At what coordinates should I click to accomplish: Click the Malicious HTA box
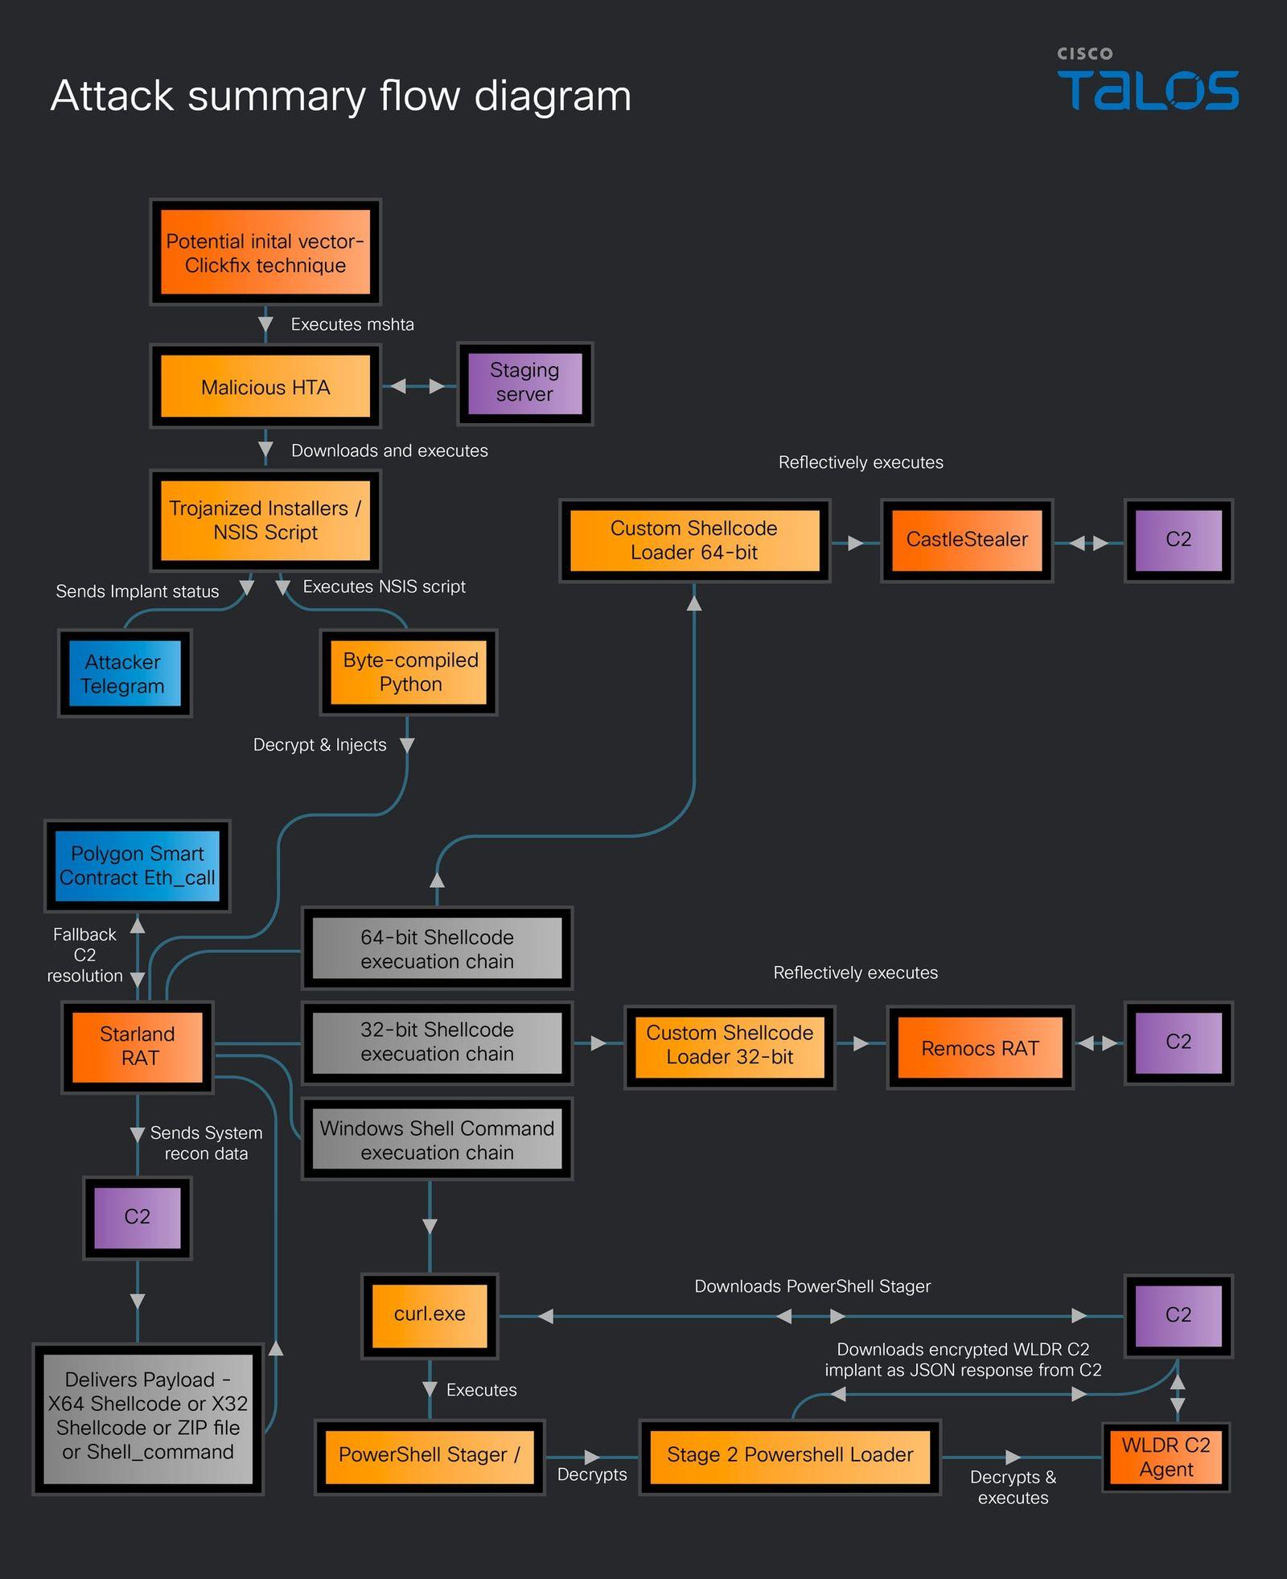tap(265, 387)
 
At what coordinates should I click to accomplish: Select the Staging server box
tap(524, 383)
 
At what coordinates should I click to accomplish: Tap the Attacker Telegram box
tap(125, 673)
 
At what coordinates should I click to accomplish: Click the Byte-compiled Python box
tap(409, 672)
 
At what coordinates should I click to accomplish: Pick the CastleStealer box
tap(967, 540)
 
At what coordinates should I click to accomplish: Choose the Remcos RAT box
tap(980, 1048)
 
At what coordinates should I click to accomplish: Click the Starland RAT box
tap(138, 1046)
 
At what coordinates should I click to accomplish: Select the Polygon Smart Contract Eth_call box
tap(138, 866)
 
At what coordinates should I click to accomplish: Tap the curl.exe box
tap(430, 1315)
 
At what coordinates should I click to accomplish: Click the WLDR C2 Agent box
tap(1166, 1457)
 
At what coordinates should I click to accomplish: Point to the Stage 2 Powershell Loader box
tap(790, 1457)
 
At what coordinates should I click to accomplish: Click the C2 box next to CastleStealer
tap(1178, 540)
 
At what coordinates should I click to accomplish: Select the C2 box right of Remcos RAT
tap(1178, 1043)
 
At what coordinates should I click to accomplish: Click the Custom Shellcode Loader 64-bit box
tap(694, 541)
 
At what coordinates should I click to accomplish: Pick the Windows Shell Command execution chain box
tap(437, 1140)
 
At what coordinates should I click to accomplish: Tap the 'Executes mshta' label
tap(352, 324)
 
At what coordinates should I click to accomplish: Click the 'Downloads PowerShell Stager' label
tap(812, 1286)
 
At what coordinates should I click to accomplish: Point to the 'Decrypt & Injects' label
tap(319, 745)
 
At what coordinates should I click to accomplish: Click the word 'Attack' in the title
tap(113, 96)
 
